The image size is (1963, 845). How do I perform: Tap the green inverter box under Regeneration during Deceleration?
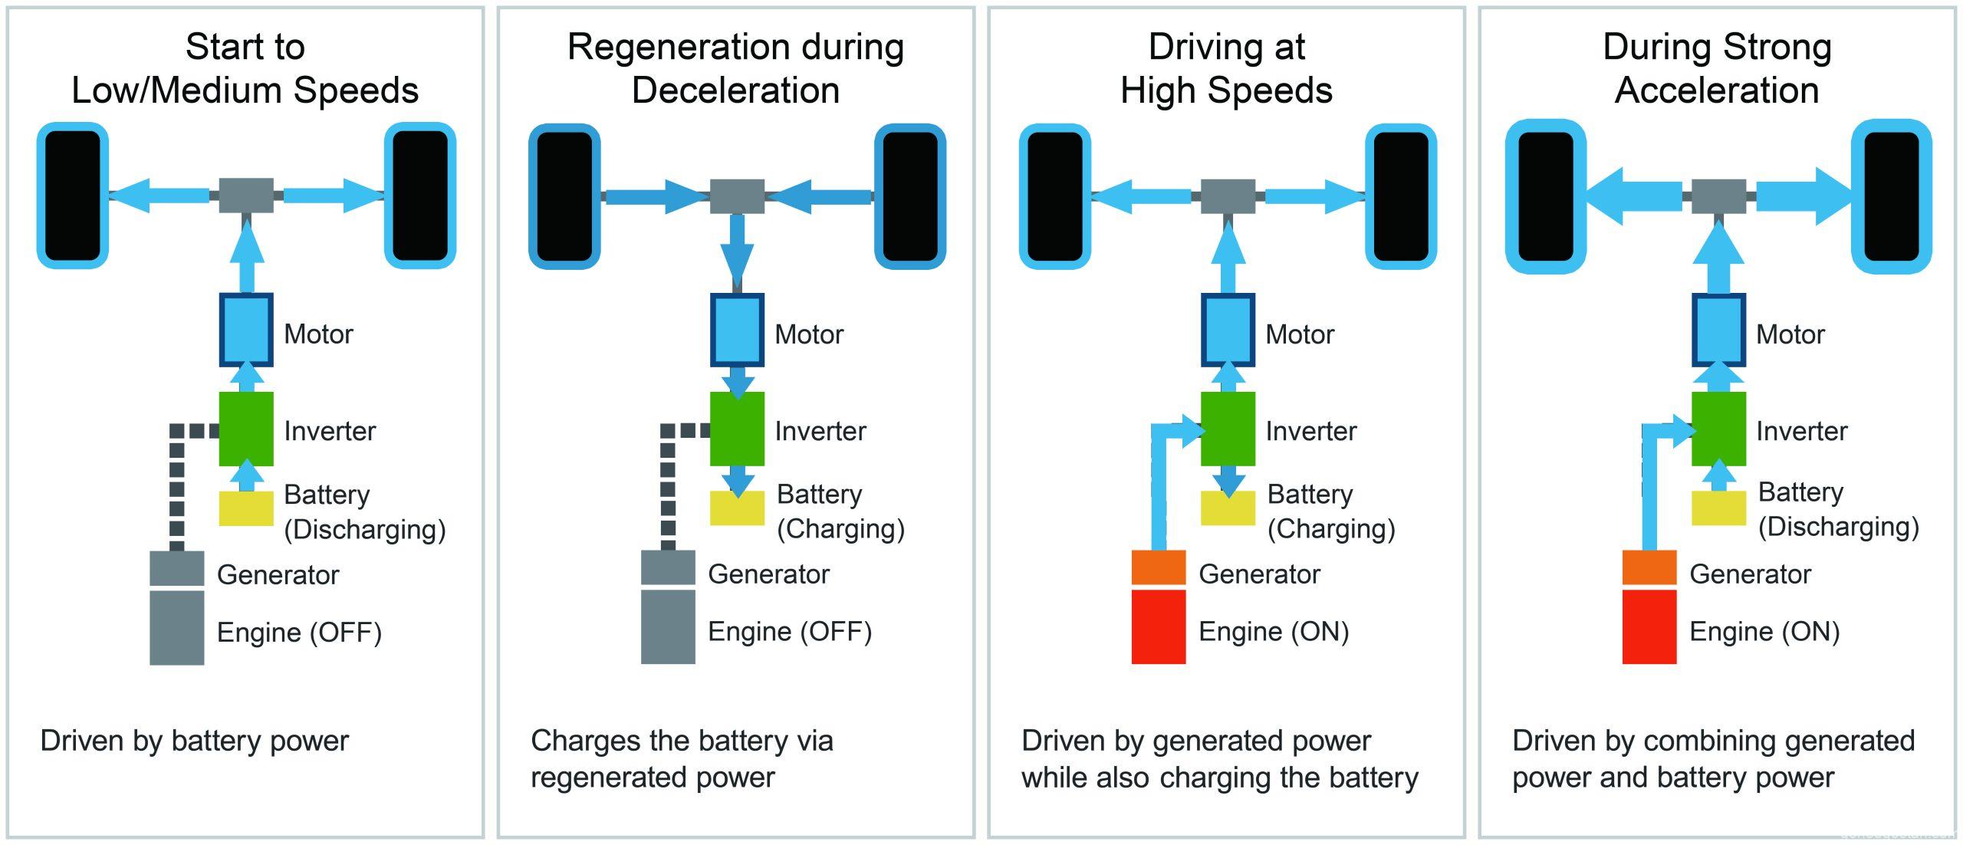[x=737, y=429]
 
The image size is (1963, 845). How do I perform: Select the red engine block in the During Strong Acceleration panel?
[x=1649, y=626]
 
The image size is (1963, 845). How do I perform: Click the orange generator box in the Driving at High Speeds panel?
[x=1159, y=567]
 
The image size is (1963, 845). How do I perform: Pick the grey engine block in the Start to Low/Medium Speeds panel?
[x=176, y=628]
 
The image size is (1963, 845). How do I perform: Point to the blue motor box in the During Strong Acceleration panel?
[x=1718, y=330]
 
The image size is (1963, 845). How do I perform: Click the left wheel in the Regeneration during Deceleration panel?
[x=564, y=196]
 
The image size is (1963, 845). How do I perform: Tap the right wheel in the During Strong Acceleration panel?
[x=1891, y=196]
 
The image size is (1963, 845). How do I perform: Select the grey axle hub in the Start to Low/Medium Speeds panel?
[x=246, y=196]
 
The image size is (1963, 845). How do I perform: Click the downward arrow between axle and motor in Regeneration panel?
[x=737, y=245]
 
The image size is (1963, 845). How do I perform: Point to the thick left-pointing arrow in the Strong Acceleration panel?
[x=1633, y=196]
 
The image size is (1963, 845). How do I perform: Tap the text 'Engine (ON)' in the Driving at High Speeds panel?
[x=1273, y=632]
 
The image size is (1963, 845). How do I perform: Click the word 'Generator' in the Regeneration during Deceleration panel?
[x=768, y=574]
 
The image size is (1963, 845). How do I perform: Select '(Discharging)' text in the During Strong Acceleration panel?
[x=1838, y=528]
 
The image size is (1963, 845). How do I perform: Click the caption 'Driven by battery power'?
[x=194, y=741]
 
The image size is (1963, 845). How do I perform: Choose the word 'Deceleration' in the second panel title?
[x=735, y=90]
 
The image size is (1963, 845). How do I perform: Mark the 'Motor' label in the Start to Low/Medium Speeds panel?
[x=318, y=334]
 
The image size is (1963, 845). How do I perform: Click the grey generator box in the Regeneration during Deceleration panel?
[x=668, y=567]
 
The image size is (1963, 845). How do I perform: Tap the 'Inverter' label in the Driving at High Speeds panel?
[x=1310, y=431]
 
